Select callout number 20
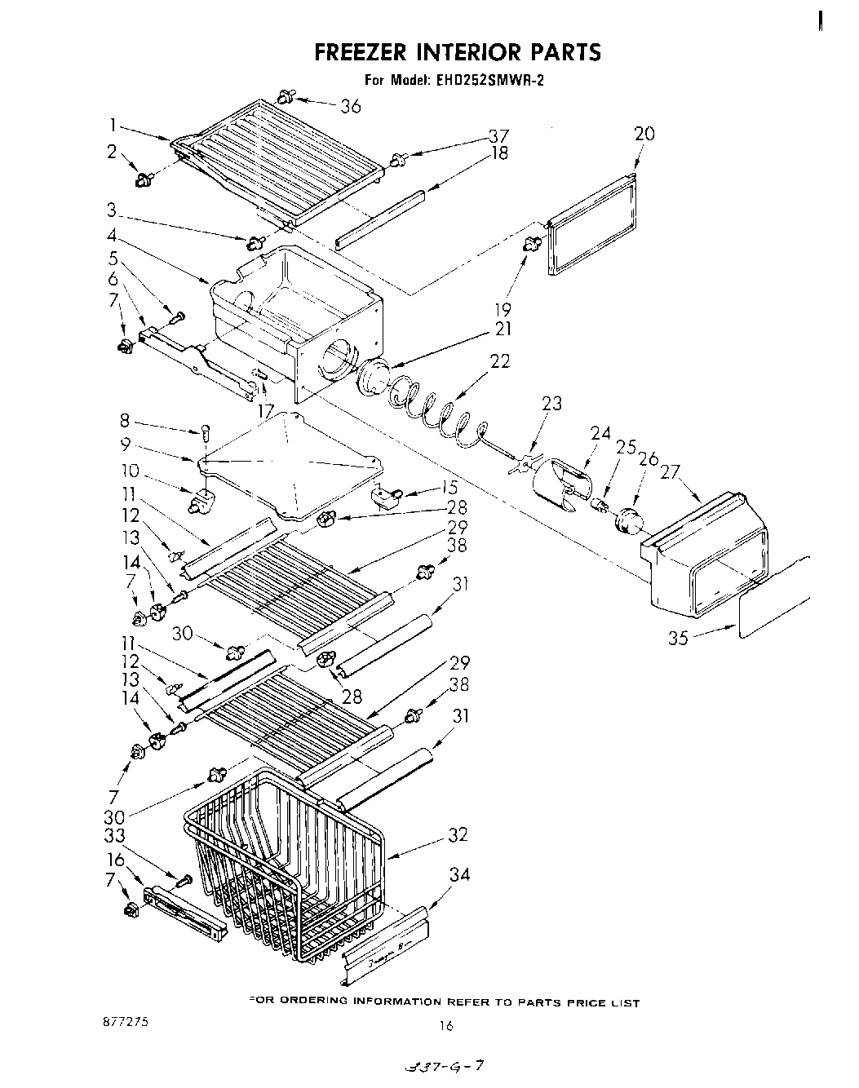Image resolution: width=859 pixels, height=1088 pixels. tap(644, 134)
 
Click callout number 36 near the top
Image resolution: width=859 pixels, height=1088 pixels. tap(351, 106)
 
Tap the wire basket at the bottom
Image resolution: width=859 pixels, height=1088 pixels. tap(286, 865)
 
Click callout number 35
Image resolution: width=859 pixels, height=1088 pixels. tap(679, 638)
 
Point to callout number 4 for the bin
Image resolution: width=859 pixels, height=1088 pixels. tap(112, 236)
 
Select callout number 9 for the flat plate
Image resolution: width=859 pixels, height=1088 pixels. tap(124, 445)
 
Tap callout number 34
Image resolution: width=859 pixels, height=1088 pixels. tap(460, 875)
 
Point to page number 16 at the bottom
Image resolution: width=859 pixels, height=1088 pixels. tap(445, 1026)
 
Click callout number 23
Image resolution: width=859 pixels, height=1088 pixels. tap(552, 403)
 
